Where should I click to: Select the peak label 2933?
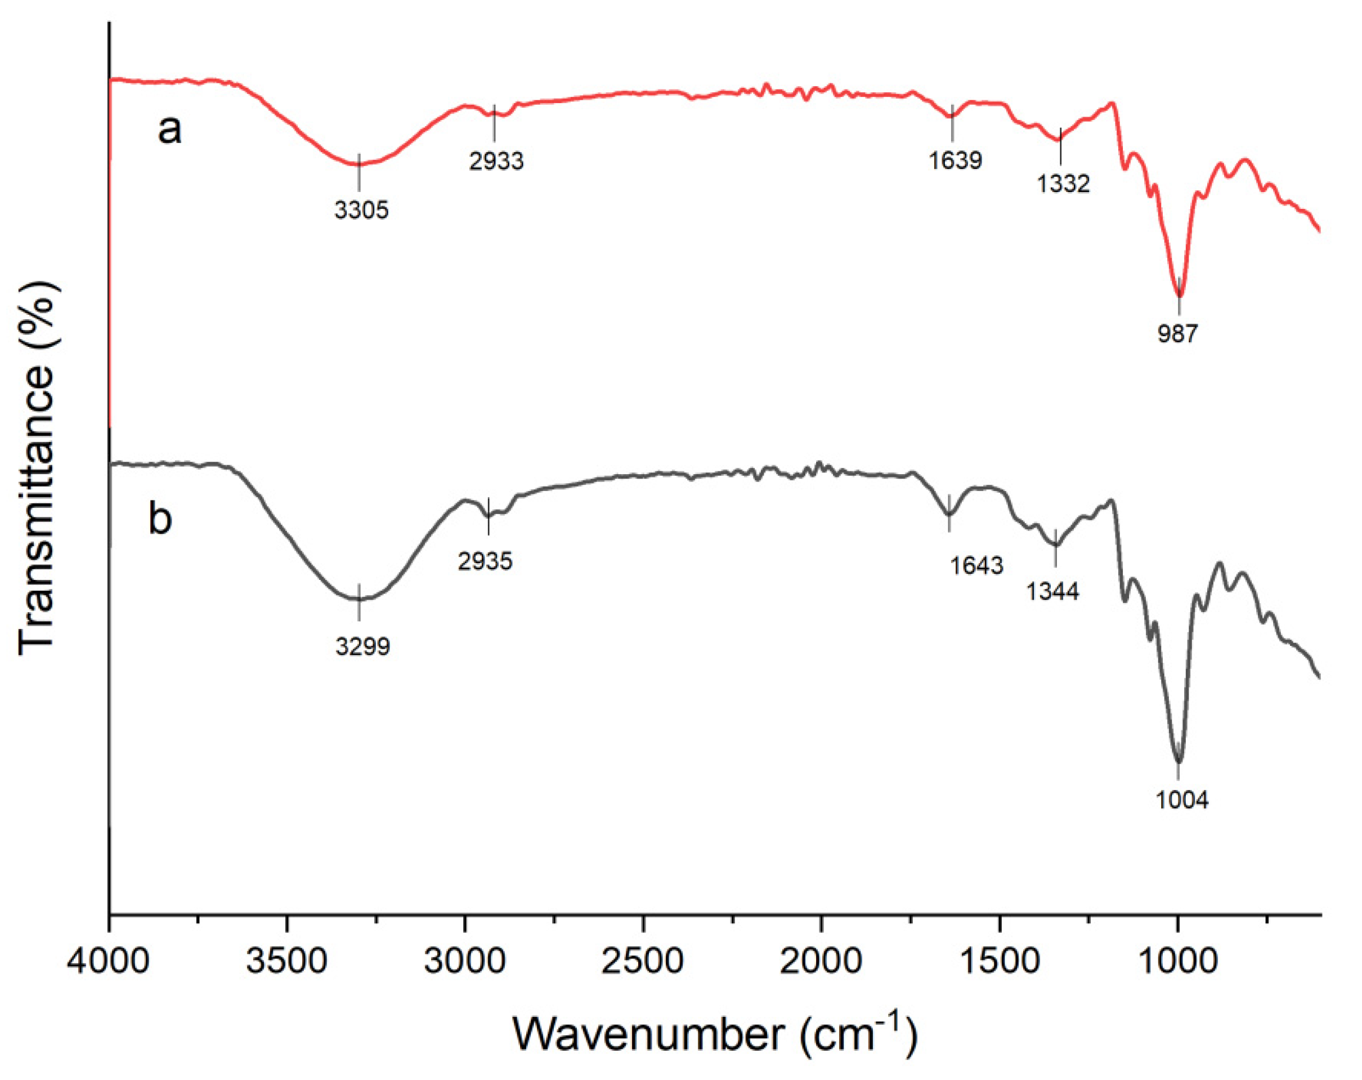pos(496,161)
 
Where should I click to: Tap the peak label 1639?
pos(955,160)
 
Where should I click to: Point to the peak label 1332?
pos(1063,184)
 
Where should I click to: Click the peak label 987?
pos(1177,333)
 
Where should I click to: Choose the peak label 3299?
pos(362,646)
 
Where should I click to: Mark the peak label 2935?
pos(485,561)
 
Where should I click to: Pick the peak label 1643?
pos(976,565)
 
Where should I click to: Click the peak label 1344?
pos(1052,591)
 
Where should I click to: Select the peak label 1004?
pos(1182,800)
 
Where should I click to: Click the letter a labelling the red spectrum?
pos(169,130)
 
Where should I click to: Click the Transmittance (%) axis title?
pos(38,467)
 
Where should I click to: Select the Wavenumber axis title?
pos(714,1034)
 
